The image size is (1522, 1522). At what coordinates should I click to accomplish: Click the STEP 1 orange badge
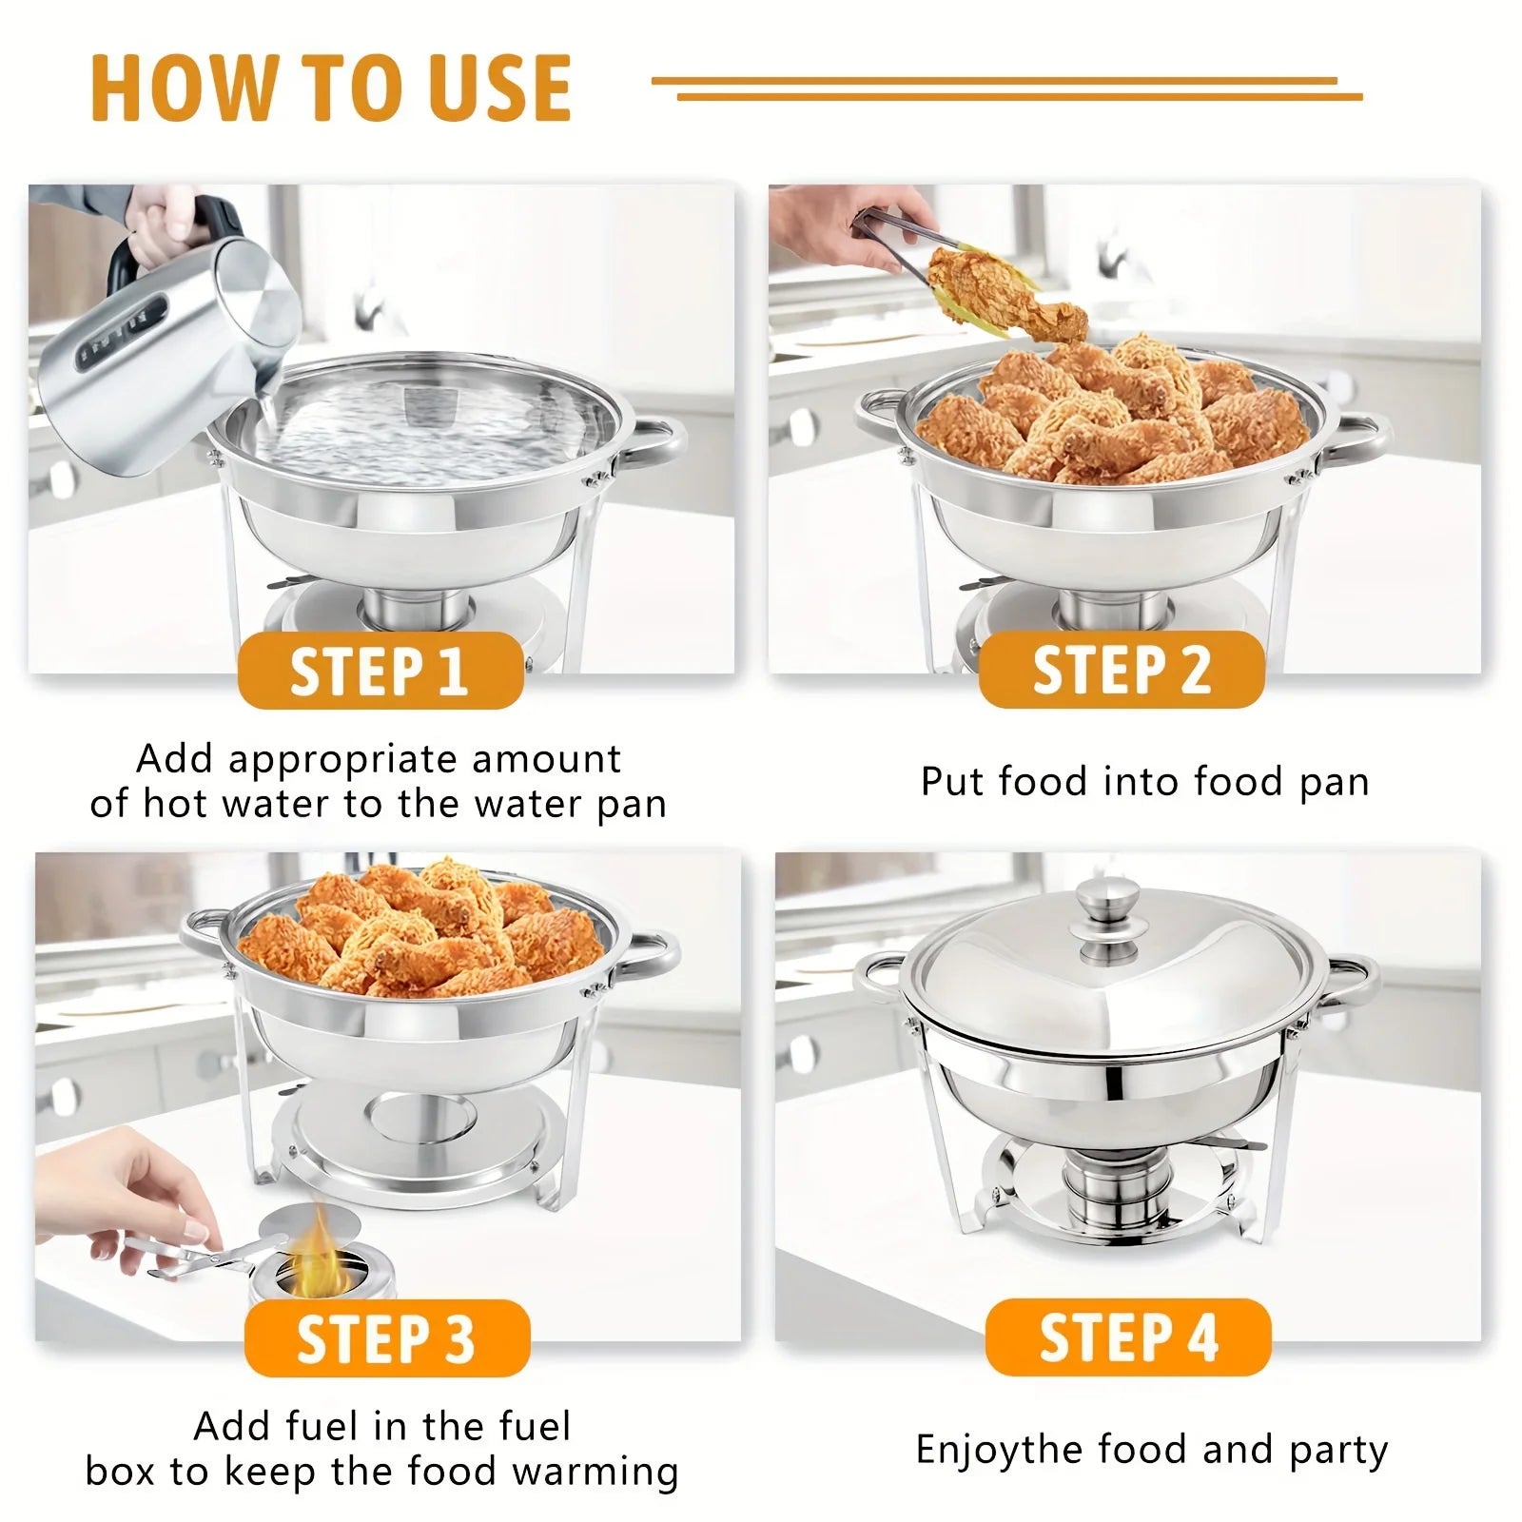tap(380, 672)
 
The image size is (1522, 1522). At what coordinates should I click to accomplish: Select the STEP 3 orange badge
tap(386, 1338)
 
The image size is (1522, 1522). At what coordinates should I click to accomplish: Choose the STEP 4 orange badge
tap(1128, 1337)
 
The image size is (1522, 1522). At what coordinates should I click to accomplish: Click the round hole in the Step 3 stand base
tap(423, 1116)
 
